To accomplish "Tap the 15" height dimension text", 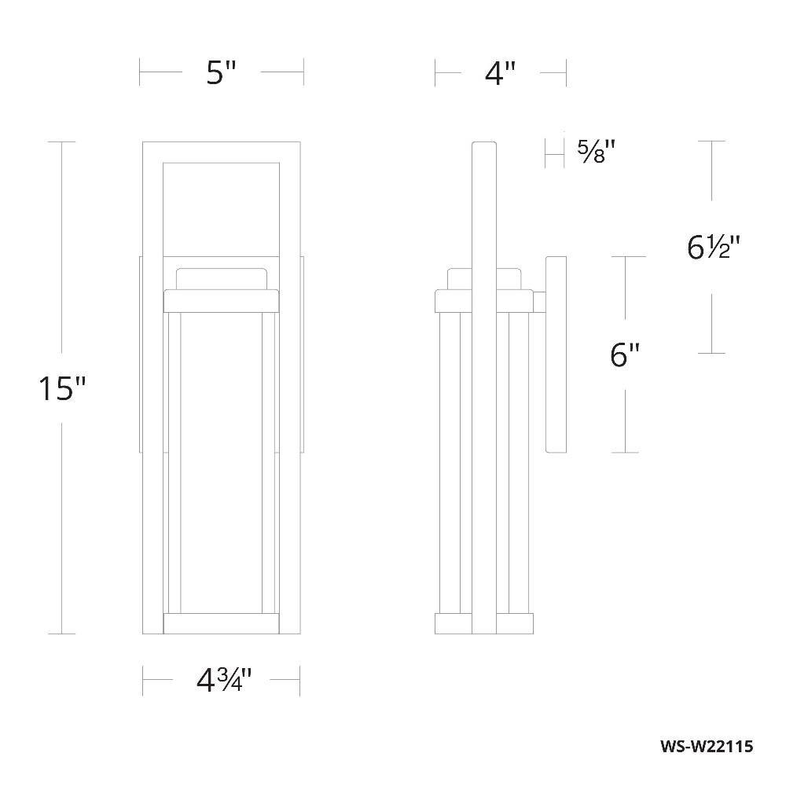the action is (63, 388).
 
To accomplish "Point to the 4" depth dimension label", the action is (500, 73).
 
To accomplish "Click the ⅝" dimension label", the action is (596, 152).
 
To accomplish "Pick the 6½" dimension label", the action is (714, 248).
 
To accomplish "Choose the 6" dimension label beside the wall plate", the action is (625, 355).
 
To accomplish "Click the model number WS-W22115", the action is (707, 747).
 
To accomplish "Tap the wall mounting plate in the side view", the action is (556, 355).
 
